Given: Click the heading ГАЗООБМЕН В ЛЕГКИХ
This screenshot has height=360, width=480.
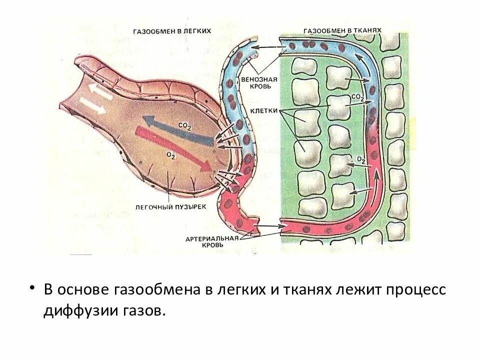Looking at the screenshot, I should pos(171,31).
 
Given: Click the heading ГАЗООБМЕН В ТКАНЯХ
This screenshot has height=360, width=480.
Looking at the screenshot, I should pos(342,30).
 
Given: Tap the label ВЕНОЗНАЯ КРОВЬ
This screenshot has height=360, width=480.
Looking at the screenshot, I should pos(256,82).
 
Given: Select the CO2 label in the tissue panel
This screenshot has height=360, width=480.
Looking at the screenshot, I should pos(357,97).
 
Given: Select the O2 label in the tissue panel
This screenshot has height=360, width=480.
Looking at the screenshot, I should pos(361,159).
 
